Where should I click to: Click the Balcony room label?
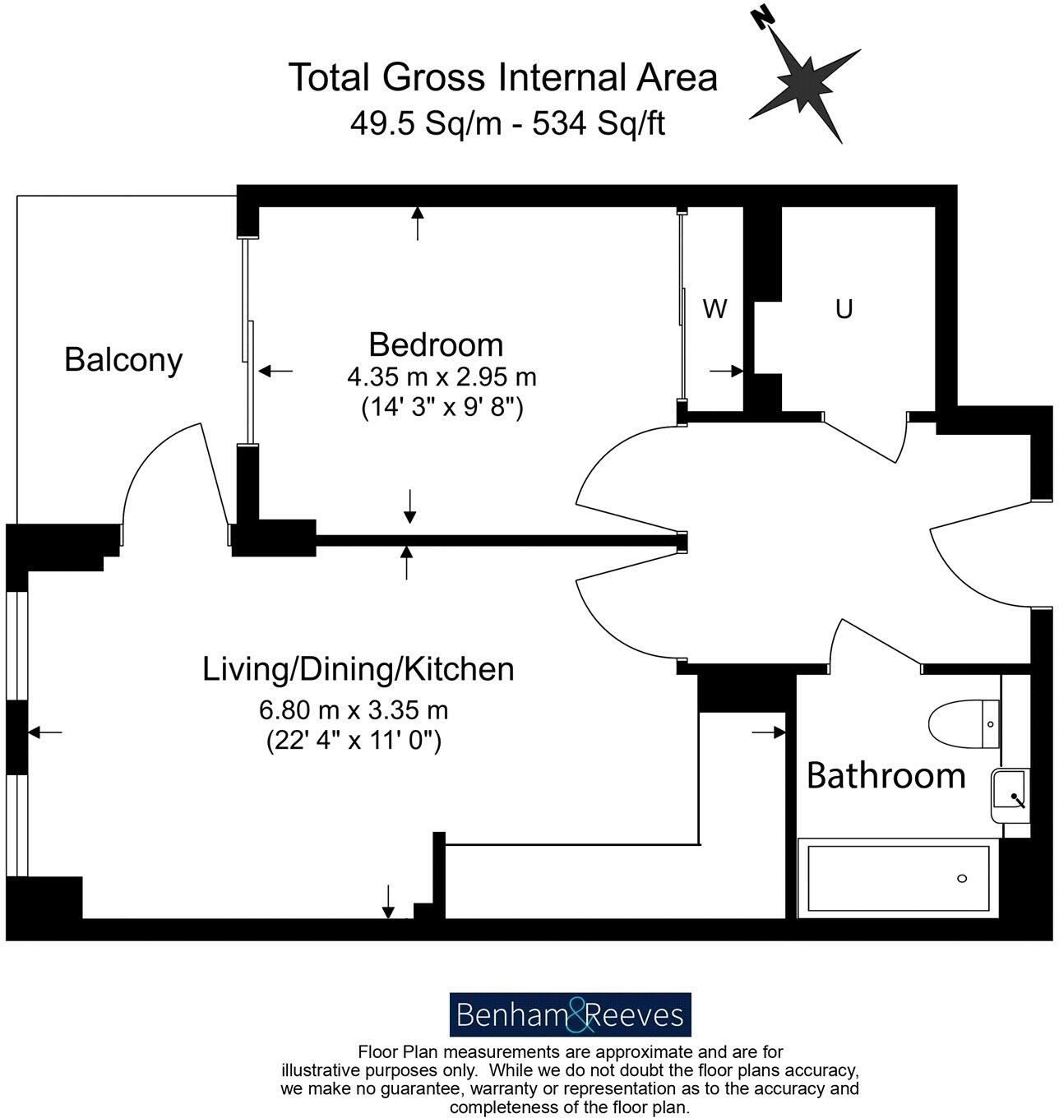coord(123,360)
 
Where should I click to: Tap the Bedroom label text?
coord(436,344)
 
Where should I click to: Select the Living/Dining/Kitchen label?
coord(358,669)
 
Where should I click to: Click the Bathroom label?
coord(886,775)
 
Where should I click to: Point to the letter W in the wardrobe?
coord(715,309)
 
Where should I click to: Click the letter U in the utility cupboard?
coord(844,309)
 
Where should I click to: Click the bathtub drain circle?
coord(962,879)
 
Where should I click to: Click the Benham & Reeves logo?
coord(570,1014)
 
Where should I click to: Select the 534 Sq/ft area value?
coord(599,123)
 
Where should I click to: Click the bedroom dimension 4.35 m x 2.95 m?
coord(442,377)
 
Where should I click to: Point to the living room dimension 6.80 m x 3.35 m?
coord(354,709)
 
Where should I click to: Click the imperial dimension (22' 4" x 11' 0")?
coord(354,740)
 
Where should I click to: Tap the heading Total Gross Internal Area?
coord(502,77)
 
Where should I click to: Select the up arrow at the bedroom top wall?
coord(418,222)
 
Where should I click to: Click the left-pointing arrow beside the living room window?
coord(45,731)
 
